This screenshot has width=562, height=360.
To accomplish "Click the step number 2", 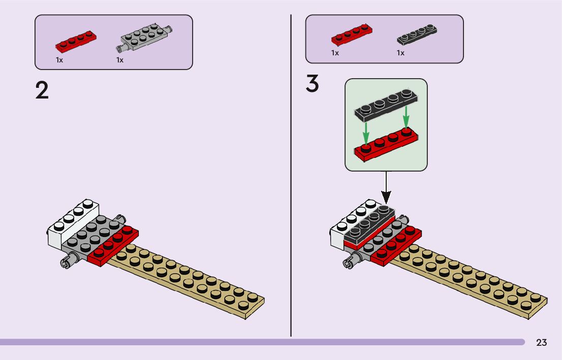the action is click(42, 90).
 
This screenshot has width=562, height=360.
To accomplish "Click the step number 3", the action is click(312, 84).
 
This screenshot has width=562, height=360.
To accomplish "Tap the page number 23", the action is click(541, 342).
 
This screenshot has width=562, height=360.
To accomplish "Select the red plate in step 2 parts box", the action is click(76, 42).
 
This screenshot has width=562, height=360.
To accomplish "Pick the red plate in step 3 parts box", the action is click(352, 35).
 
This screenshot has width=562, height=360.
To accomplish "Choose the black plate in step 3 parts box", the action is click(417, 35).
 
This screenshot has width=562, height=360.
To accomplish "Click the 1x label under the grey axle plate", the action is click(120, 60).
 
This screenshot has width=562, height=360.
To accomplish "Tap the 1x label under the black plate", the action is click(400, 53).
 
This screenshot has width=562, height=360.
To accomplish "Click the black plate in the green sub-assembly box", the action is click(386, 106).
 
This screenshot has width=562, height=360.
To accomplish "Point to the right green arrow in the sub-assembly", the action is click(405, 117).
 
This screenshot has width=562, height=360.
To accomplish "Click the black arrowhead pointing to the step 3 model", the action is click(386, 198).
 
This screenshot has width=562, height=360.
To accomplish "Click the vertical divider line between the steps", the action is click(291, 176).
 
